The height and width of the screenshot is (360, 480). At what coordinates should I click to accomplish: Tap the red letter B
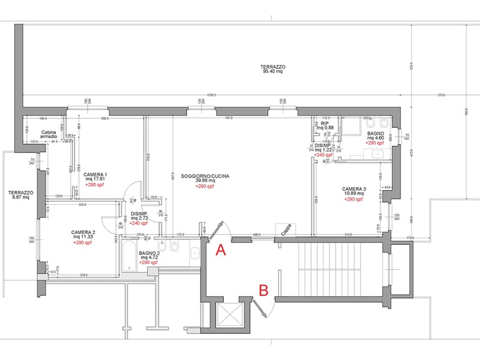[263, 290]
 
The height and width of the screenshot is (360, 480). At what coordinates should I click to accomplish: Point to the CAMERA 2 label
[83, 232]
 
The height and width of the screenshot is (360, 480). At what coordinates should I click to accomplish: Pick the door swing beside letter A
[217, 232]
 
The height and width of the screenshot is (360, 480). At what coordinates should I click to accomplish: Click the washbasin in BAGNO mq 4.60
[379, 154]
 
